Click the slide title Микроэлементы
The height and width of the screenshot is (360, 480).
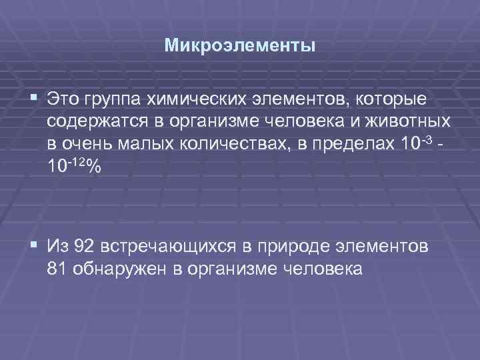coord(240,47)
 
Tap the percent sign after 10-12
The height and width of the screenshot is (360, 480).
coord(93,167)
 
